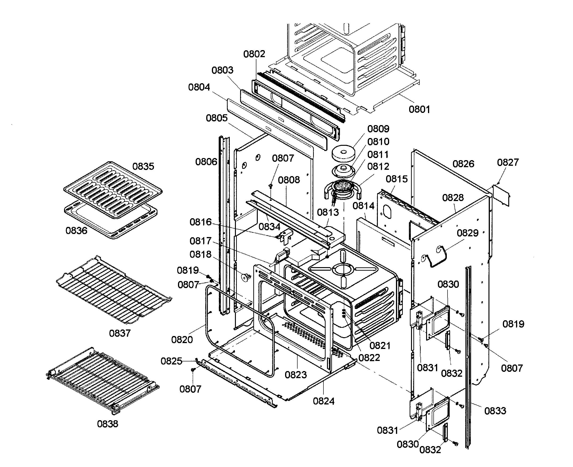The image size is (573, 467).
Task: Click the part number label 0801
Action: (x=419, y=110)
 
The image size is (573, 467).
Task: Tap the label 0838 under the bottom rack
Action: (x=107, y=424)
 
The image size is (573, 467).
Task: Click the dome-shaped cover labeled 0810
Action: (x=343, y=170)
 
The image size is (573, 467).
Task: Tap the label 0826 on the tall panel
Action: (x=463, y=164)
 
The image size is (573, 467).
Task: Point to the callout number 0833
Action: (x=495, y=411)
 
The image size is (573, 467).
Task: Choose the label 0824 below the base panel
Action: (x=323, y=401)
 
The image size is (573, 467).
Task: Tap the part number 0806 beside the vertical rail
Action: (x=206, y=162)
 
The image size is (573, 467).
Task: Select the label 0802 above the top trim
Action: (x=254, y=54)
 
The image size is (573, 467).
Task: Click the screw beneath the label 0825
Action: (x=193, y=370)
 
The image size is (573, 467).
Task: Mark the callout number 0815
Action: (x=397, y=179)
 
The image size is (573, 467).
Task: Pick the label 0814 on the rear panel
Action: (x=363, y=206)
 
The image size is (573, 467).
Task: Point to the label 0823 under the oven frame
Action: (x=296, y=375)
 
